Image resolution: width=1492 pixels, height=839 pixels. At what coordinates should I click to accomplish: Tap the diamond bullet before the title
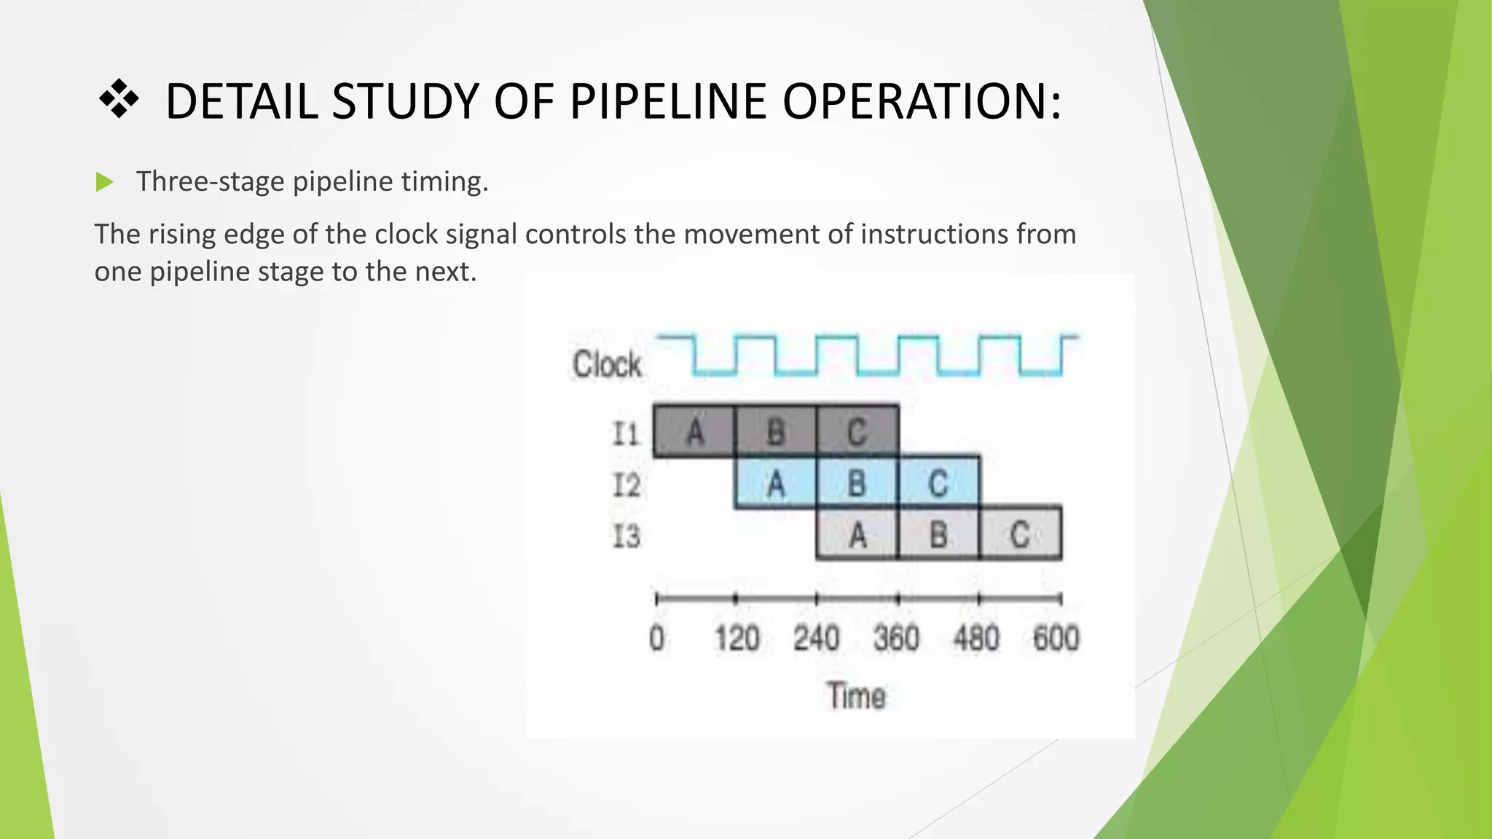118,100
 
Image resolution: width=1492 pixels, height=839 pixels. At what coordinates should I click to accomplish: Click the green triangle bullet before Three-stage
105,182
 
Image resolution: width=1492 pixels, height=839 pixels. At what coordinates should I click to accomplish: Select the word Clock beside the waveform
606,364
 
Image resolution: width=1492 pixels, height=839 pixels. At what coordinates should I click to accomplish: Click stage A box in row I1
694,431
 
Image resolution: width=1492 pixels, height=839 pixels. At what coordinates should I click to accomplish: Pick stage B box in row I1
776,431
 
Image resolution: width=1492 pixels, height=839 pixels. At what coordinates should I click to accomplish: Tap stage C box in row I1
857,431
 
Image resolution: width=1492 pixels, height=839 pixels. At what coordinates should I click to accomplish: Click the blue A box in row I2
776,484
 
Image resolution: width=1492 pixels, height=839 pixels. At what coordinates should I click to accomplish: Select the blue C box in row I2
938,484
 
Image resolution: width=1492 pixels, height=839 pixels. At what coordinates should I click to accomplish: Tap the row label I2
626,485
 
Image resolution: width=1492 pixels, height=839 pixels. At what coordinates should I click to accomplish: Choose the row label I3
626,537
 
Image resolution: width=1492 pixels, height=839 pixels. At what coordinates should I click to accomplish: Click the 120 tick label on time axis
737,639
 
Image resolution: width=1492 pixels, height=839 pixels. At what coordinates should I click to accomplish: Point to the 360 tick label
896,639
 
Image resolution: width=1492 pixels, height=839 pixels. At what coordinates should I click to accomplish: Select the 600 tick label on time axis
1056,639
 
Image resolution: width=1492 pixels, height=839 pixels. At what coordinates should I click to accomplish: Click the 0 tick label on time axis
656,639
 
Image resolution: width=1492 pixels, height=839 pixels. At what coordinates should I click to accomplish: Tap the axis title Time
856,696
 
